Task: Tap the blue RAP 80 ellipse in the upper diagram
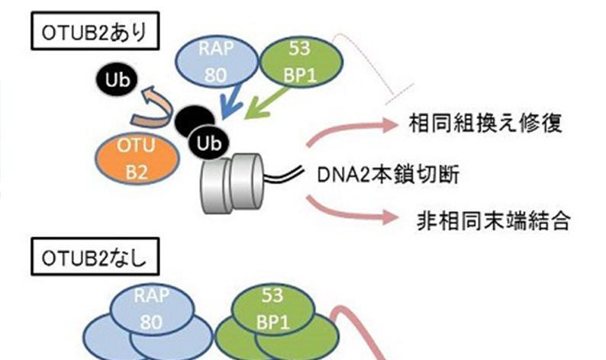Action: pos(218,63)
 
